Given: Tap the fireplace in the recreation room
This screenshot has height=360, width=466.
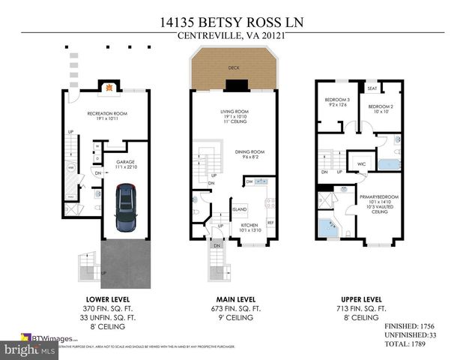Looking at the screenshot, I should (x=109, y=88).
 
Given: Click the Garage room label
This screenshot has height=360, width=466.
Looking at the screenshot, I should (x=125, y=160).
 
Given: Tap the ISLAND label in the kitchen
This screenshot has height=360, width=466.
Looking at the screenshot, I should (x=239, y=209).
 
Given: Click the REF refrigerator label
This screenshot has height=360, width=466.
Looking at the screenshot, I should (x=270, y=222).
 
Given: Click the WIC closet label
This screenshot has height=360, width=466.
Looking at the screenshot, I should (x=360, y=163).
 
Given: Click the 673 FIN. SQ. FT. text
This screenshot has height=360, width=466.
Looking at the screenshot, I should (x=234, y=308).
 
